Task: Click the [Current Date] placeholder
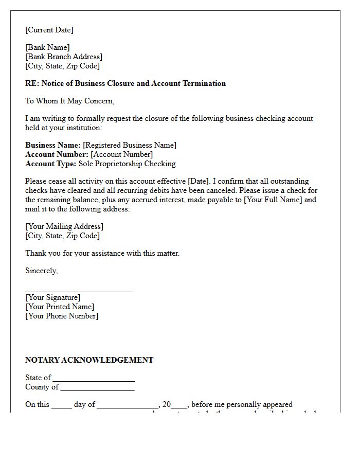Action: click(x=49, y=30)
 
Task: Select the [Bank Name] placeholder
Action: click(x=47, y=47)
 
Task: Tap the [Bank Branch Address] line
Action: click(x=64, y=57)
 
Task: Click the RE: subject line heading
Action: click(x=125, y=83)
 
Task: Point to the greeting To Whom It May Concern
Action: click(x=69, y=101)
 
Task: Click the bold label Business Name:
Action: click(x=53, y=145)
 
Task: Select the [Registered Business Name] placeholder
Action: click(x=130, y=145)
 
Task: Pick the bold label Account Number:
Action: click(x=57, y=154)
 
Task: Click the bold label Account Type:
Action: click(x=50, y=164)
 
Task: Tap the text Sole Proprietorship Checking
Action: click(x=127, y=164)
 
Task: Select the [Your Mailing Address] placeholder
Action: click(x=64, y=226)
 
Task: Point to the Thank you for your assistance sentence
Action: click(x=102, y=253)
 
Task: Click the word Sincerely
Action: click(x=41, y=271)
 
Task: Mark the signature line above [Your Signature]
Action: click(x=79, y=291)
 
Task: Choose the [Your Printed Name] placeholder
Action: click(x=60, y=307)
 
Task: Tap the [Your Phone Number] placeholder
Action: click(x=62, y=316)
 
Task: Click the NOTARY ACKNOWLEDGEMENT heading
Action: click(x=89, y=360)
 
